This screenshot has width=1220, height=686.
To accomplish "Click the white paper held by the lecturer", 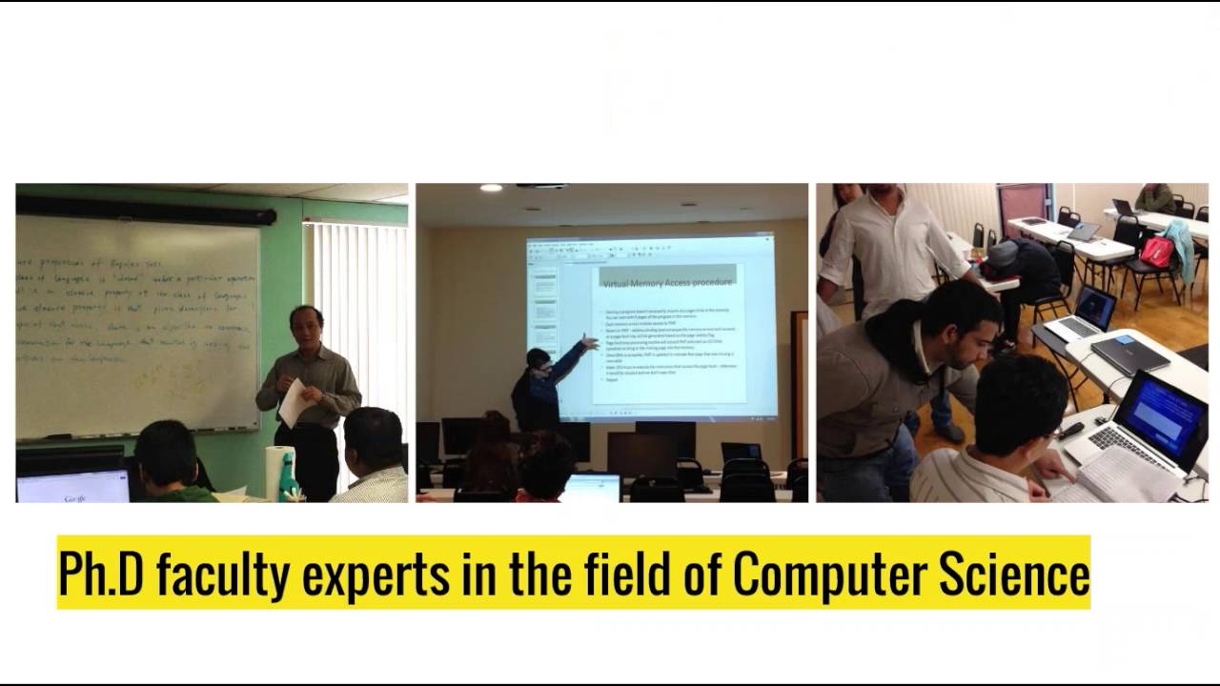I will click(295, 403).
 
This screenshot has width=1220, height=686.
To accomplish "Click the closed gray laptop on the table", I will click(1129, 354).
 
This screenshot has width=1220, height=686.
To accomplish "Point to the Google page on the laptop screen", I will click(73, 488).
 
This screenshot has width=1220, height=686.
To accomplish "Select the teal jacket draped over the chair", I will click(1182, 245).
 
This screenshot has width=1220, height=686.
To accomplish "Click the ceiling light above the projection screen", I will click(491, 188).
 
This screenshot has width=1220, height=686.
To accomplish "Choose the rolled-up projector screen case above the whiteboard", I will click(145, 210).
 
